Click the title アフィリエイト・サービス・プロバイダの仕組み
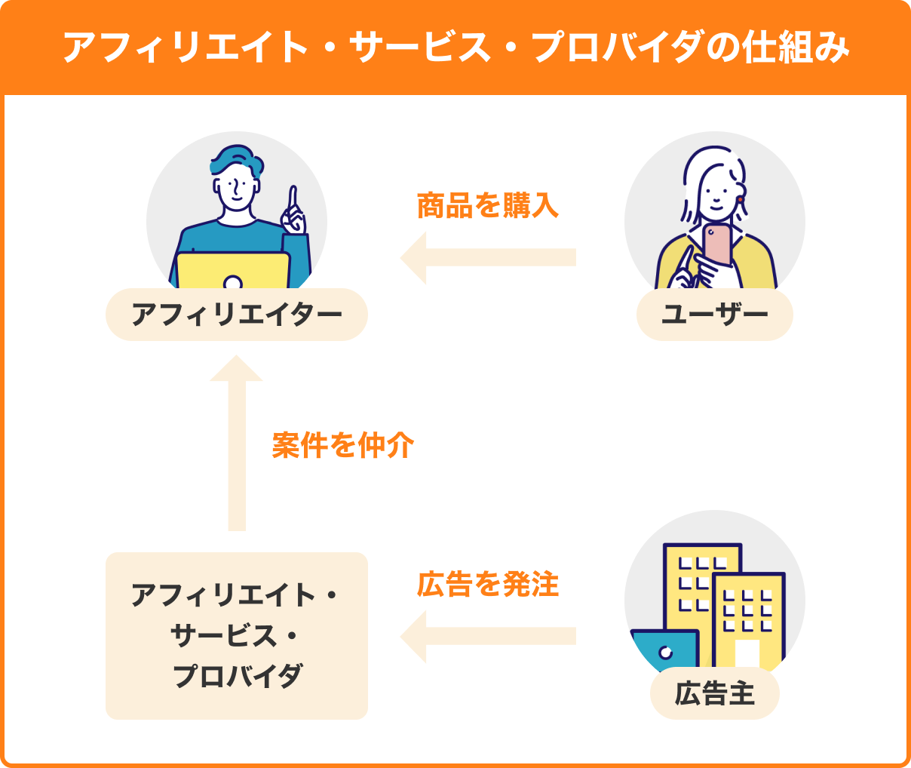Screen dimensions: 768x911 pyautogui.click(x=455, y=47)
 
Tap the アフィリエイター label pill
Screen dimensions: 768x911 pyautogui.click(x=237, y=315)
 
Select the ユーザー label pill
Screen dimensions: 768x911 pyautogui.click(x=714, y=315)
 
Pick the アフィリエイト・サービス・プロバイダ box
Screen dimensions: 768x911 pyautogui.click(x=237, y=635)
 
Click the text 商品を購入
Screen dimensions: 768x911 pyautogui.click(x=488, y=205)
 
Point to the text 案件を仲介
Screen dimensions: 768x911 pyautogui.click(x=343, y=445)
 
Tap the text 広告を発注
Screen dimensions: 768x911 pyautogui.click(x=488, y=585)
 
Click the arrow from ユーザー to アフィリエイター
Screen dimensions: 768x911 pyautogui.click(x=488, y=257)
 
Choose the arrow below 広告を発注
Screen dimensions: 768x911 pyautogui.click(x=488, y=637)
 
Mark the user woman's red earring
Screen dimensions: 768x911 pyautogui.click(x=741, y=200)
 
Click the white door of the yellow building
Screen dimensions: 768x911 pyautogui.click(x=747, y=653)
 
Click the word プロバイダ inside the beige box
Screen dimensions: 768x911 pyautogui.click(x=237, y=675)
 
